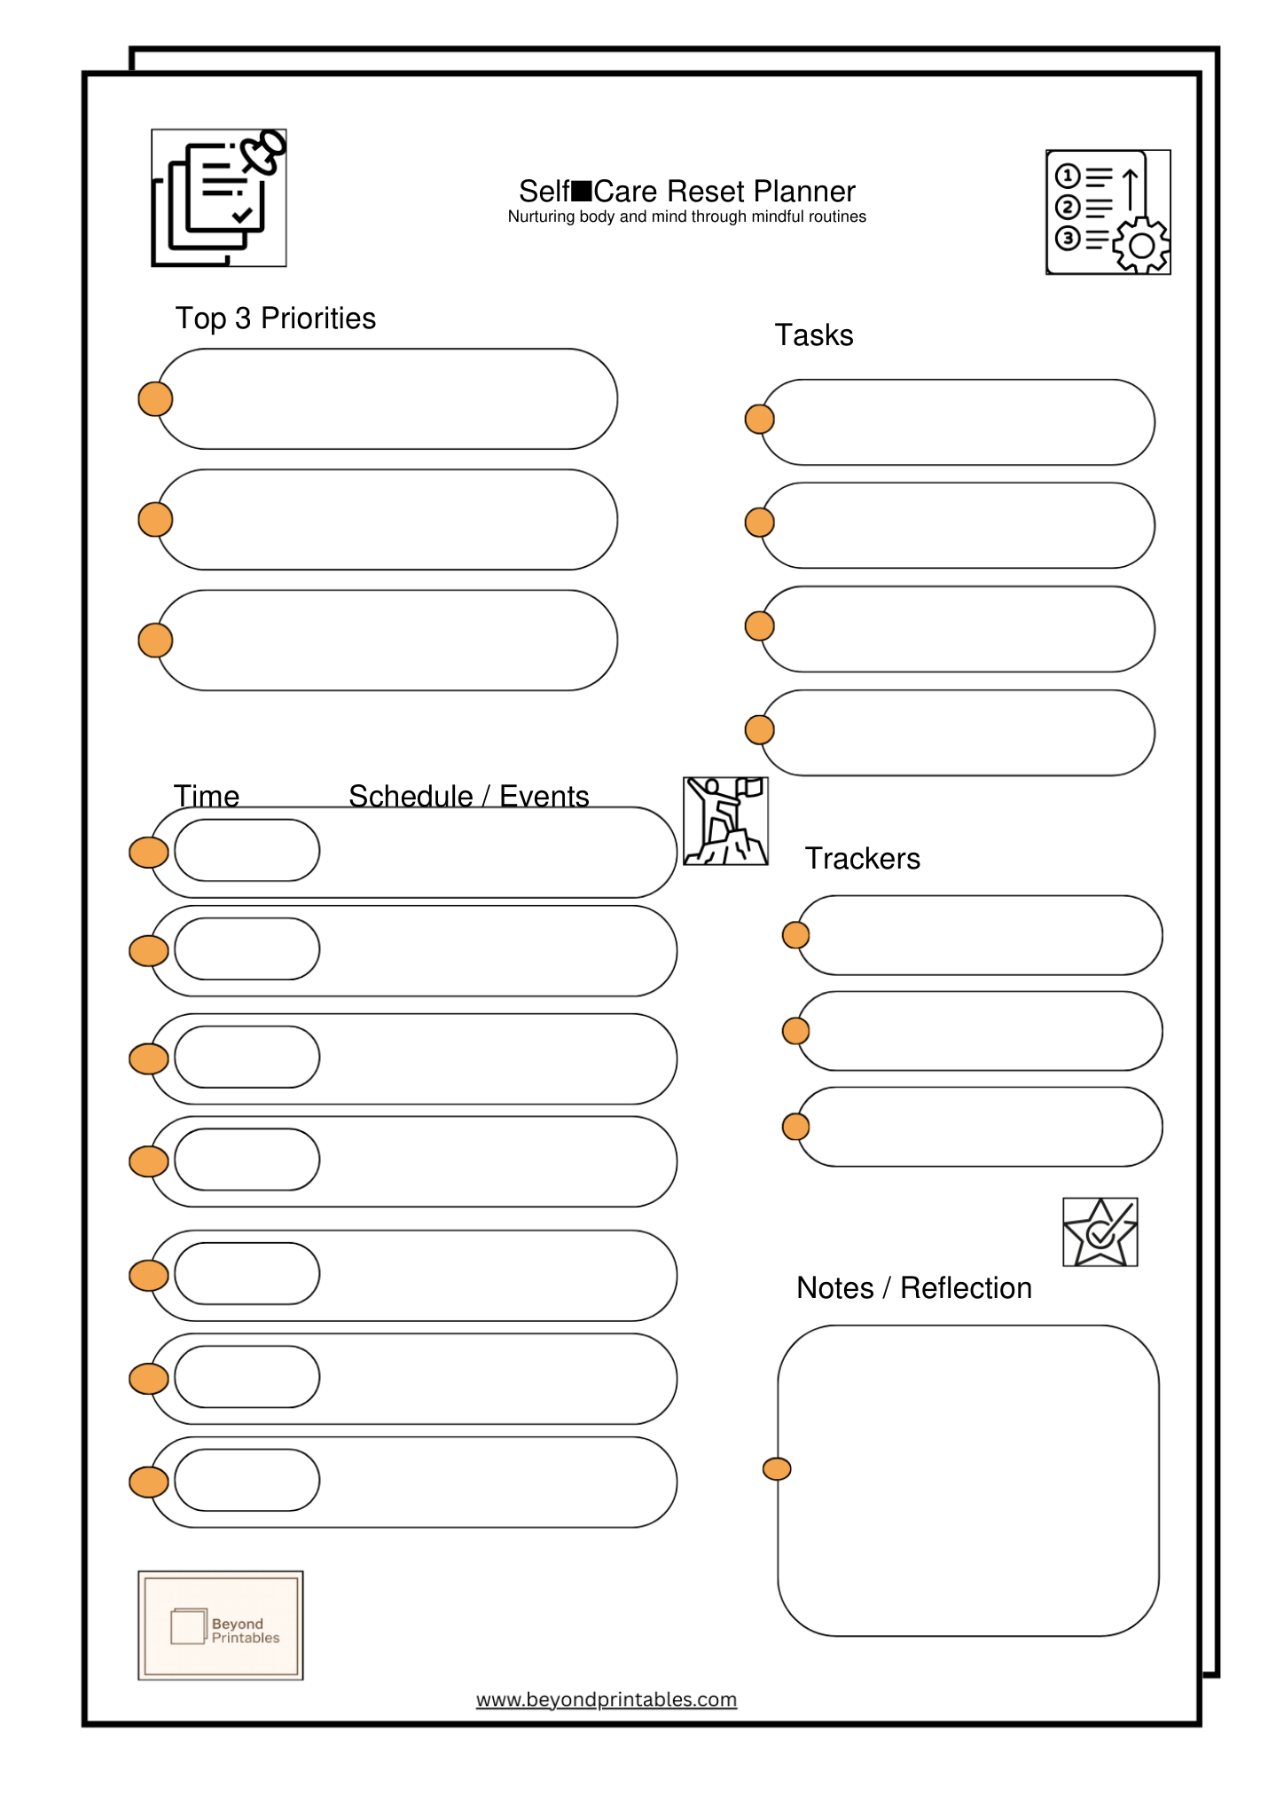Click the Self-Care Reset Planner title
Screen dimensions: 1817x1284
(686, 192)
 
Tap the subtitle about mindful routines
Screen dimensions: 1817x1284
(686, 217)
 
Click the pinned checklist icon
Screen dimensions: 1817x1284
(219, 198)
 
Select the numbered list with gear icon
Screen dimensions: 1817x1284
(1108, 212)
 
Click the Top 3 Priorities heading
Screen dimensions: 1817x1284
(275, 319)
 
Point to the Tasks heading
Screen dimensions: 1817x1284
(813, 335)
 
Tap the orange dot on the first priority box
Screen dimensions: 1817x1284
(155, 399)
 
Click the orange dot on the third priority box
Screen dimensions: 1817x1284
(155, 641)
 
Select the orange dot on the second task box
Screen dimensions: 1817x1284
(759, 523)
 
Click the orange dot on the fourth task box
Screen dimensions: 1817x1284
(759, 730)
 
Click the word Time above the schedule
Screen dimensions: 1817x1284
(206, 796)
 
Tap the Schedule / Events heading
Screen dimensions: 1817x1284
(468, 796)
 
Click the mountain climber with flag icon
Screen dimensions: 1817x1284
(725, 822)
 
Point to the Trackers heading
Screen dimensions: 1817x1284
(862, 859)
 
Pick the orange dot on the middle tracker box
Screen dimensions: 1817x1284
(795, 1031)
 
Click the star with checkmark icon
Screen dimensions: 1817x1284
(1100, 1232)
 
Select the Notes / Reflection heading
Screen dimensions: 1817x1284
(913, 1288)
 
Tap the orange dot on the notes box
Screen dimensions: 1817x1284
(777, 1469)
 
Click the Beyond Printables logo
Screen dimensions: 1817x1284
(221, 1625)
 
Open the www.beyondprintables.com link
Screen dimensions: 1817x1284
(607, 1700)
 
